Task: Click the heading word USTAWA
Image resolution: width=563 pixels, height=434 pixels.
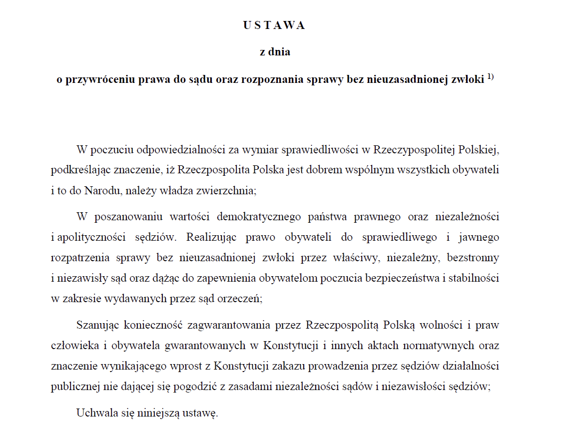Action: (x=274, y=26)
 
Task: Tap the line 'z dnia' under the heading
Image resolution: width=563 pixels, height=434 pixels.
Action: (x=275, y=52)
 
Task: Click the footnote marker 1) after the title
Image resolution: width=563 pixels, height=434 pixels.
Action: (x=490, y=77)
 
